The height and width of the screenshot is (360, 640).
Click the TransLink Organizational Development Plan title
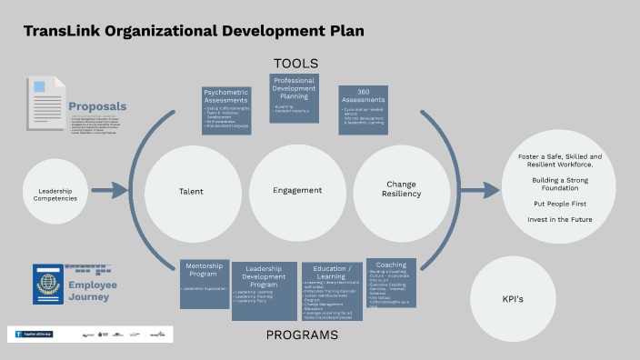(194, 31)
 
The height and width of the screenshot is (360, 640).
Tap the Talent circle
(191, 192)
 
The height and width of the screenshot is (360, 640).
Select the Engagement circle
(297, 190)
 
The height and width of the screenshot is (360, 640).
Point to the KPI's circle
(513, 298)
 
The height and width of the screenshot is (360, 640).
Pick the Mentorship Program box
(205, 282)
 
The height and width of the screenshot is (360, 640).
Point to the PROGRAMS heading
(302, 335)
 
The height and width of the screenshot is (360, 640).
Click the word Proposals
(97, 106)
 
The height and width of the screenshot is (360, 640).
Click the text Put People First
(558, 205)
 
